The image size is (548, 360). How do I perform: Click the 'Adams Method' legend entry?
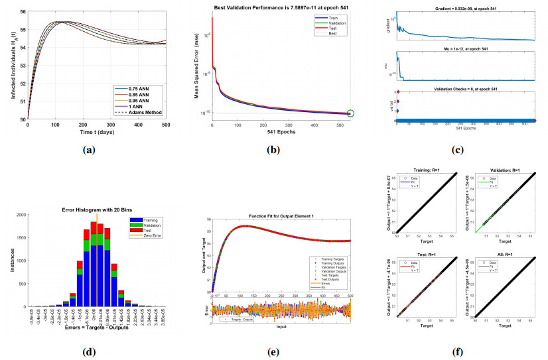141,112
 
